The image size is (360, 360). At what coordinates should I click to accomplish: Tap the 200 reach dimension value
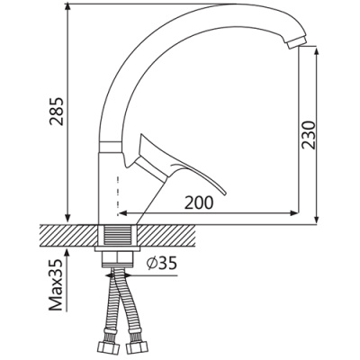pyautogui.click(x=200, y=203)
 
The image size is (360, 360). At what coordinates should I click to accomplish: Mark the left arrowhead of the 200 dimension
pyautogui.click(x=122, y=214)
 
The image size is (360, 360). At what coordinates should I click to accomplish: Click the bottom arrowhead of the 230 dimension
pyautogui.click(x=316, y=217)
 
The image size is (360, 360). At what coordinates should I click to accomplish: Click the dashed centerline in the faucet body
pyautogui.click(x=116, y=184)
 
